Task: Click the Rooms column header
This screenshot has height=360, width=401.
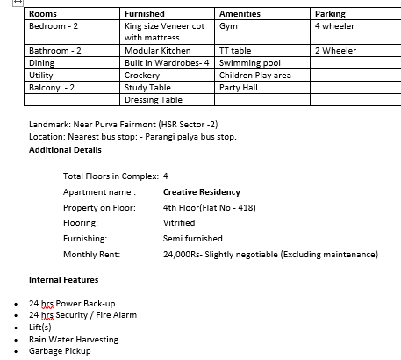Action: (43, 14)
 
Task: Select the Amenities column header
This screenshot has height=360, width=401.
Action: (240, 14)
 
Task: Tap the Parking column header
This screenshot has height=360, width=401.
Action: (330, 14)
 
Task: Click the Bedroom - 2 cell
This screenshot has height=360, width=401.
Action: (55, 26)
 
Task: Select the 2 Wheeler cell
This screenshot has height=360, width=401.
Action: (335, 51)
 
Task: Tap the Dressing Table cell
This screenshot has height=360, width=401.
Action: (154, 100)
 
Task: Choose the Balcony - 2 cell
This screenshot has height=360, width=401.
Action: (52, 88)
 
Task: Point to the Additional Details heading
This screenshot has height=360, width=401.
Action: (66, 150)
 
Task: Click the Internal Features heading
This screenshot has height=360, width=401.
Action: (63, 280)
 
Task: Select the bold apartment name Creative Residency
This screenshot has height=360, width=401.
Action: (201, 191)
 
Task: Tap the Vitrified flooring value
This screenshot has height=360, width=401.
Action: (179, 223)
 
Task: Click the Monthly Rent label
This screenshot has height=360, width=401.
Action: (91, 255)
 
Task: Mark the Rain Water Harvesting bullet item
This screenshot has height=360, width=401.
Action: (73, 339)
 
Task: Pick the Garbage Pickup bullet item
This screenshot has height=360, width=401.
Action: (60, 350)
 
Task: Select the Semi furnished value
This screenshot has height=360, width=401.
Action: (192, 239)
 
